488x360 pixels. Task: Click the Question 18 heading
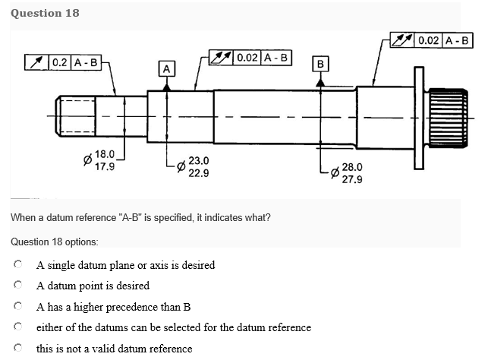pyautogui.click(x=45, y=13)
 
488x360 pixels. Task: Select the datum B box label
pyautogui.click(x=320, y=63)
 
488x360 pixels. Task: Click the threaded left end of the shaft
pyautogui.click(x=76, y=117)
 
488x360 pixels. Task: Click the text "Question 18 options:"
pyautogui.click(x=54, y=241)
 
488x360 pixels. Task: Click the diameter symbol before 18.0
pyautogui.click(x=86, y=161)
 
